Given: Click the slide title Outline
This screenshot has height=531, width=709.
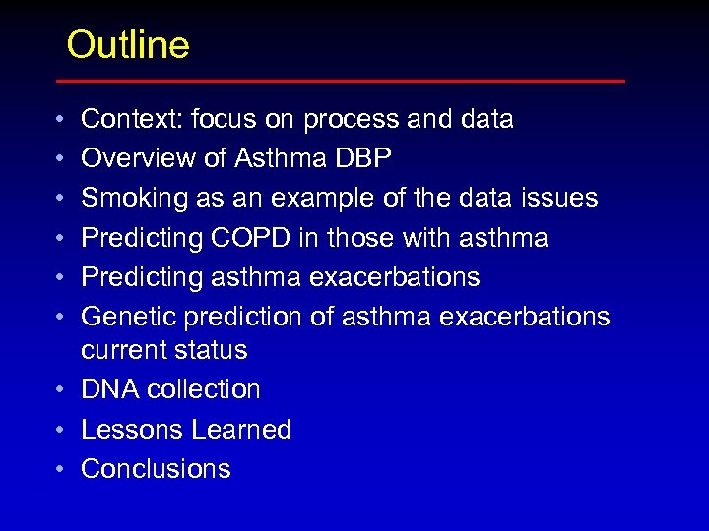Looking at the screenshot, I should pos(128,45).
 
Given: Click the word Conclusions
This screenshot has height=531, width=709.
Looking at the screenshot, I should pos(156,469).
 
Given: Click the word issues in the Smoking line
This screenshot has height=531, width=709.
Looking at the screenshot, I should pos(560,198).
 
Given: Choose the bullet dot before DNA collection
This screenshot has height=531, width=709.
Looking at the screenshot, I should pos(61,390).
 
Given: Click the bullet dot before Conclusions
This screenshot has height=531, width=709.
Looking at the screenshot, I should pos(61,470).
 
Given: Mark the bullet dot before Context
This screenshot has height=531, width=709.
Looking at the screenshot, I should pos(61,120).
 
